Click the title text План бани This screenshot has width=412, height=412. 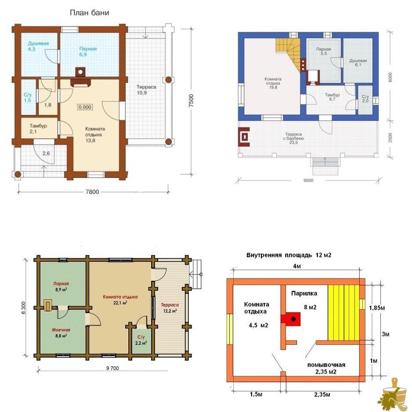click(89, 13)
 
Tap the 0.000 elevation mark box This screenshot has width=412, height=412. click(85, 107)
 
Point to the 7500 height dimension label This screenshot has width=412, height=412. click(192, 101)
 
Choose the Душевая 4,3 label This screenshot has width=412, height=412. click(38, 46)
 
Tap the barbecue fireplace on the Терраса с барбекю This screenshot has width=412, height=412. click(244, 137)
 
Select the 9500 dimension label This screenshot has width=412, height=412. click(308, 180)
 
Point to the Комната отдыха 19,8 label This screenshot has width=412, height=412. click(273, 83)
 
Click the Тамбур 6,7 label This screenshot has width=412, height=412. click(332, 97)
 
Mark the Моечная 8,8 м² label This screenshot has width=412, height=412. click(61, 332)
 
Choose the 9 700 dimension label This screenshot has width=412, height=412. click(112, 368)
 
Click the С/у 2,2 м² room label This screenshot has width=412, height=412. click(141, 340)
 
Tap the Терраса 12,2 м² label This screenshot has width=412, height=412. click(170, 308)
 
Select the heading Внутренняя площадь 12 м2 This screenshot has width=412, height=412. click(289, 255)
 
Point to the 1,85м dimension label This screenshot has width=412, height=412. click(377, 308)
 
